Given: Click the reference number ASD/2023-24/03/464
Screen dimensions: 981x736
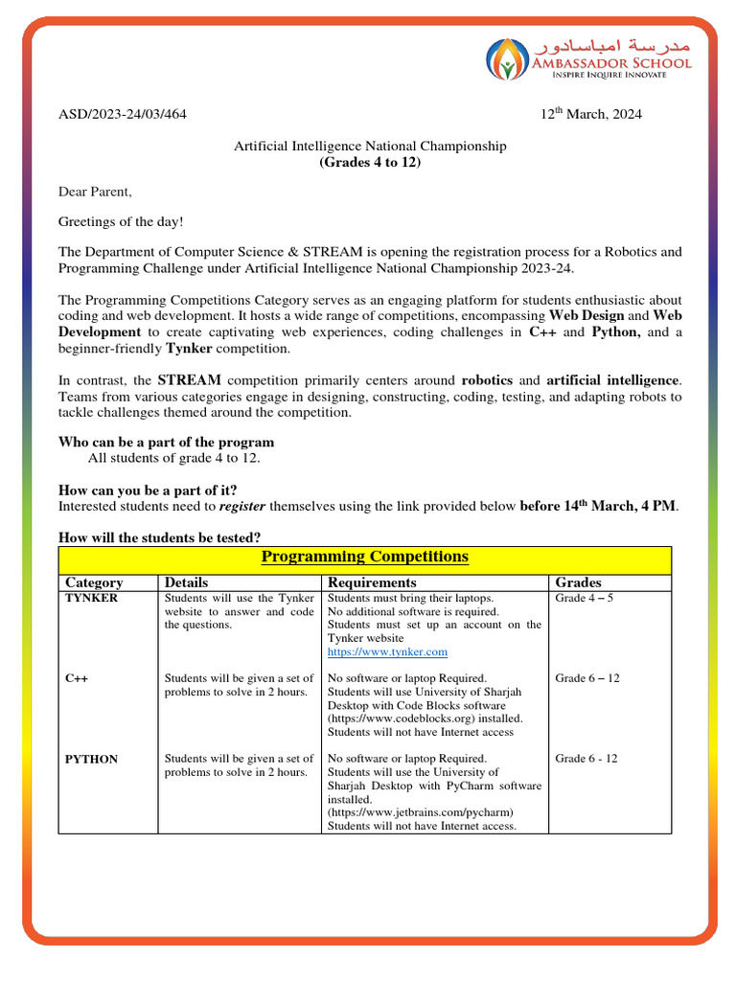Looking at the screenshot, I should (x=123, y=115).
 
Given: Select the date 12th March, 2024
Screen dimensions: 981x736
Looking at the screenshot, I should (x=591, y=115).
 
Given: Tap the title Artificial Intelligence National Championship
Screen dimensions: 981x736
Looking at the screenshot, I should (x=370, y=146).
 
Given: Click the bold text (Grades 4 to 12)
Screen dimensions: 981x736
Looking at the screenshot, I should (x=370, y=162).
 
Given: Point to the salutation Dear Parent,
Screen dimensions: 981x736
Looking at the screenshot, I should (x=95, y=192).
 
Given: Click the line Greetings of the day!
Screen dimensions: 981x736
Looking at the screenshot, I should (x=121, y=222).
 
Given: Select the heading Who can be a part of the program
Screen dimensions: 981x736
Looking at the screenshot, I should (x=167, y=443).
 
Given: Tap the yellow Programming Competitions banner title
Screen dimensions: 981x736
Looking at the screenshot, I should (x=365, y=557).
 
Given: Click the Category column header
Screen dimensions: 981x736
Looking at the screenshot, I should (x=94, y=582).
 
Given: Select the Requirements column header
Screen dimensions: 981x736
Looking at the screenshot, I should (x=372, y=582).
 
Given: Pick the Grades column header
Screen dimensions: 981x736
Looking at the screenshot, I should (x=578, y=582).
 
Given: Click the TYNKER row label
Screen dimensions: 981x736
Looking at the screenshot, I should (x=91, y=598).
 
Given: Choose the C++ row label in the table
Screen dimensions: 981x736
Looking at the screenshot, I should (x=77, y=678).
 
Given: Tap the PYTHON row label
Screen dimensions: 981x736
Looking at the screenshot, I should (x=91, y=759).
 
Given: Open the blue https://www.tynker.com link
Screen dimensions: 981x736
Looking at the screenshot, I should (x=387, y=651).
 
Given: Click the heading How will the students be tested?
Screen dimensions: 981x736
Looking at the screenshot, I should (x=160, y=536).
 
